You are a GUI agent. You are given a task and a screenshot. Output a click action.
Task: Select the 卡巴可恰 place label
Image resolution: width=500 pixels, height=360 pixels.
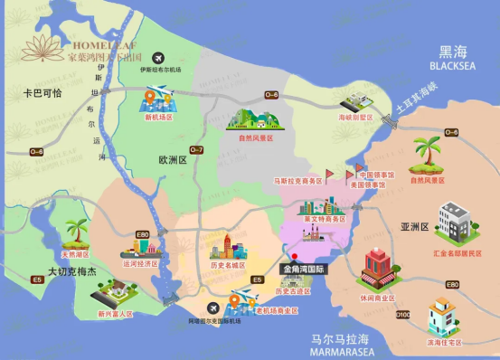pyautogui.click(x=42, y=93)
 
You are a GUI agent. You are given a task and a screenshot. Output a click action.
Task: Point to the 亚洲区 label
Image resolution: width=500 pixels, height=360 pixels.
pyautogui.click(x=414, y=227)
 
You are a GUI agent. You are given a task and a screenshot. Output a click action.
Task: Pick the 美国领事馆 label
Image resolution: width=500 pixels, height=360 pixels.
pyautogui.click(x=367, y=185)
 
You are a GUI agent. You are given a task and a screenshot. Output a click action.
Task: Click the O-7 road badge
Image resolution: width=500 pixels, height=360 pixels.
pyautogui.click(x=196, y=149)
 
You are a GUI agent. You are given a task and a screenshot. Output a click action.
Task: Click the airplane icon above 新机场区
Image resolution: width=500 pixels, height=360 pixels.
pyautogui.click(x=158, y=97)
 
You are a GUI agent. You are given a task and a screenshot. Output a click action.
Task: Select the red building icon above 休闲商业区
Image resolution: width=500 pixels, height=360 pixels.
pyautogui.click(x=379, y=266)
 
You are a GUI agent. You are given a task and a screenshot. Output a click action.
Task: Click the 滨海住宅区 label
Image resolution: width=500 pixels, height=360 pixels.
pyautogui.click(x=444, y=343)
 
